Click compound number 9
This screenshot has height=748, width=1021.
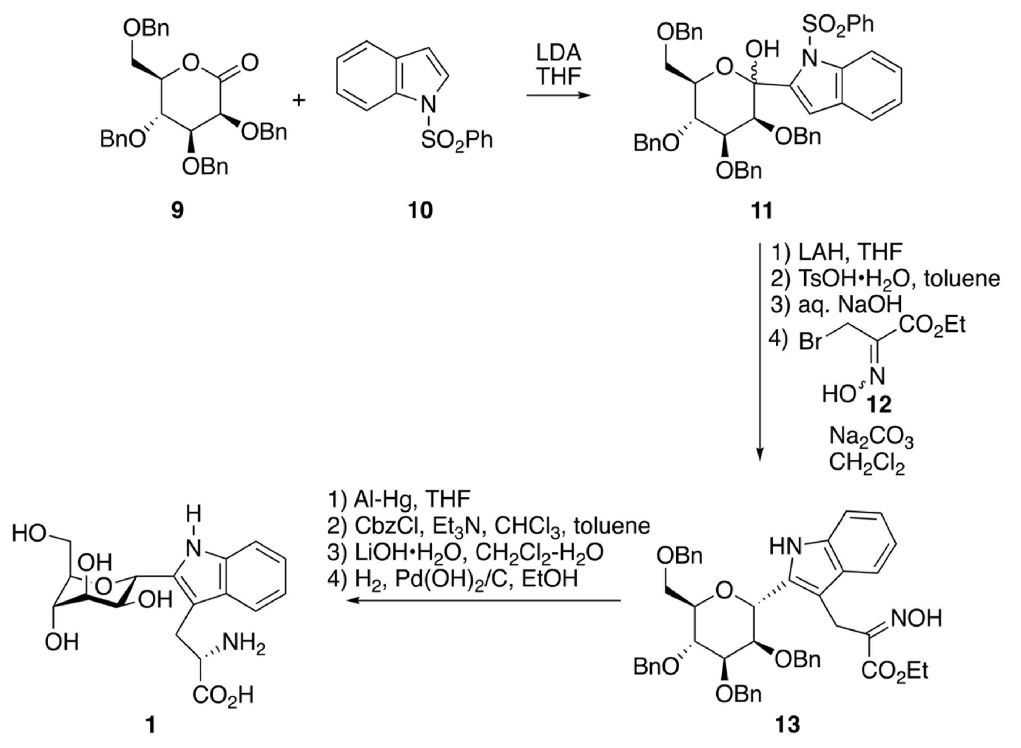(178, 210)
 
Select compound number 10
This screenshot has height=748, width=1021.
(420, 210)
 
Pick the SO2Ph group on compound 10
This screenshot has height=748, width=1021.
(456, 140)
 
